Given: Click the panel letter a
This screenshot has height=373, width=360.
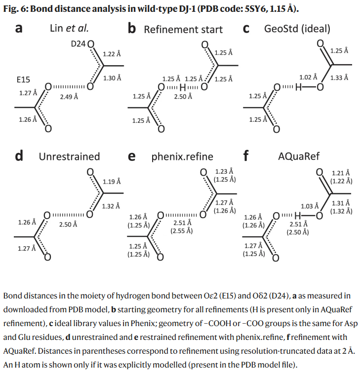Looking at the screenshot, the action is pos(19,29).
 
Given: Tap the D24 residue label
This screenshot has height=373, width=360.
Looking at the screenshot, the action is pos(79,44).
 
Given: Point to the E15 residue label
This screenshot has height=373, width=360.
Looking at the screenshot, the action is pos(23,79).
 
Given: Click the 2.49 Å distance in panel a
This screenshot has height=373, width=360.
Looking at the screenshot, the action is pos(69,97).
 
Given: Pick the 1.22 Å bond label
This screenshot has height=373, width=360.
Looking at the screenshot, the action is pos(112,53).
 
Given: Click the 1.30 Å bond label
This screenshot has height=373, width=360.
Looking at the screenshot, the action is pos(112,78).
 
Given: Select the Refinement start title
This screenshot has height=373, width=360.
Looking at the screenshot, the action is pos(183,30).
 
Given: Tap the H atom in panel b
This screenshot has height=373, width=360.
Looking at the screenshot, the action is pos(182,88).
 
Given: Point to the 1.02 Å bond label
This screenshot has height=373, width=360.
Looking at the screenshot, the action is pos(308,77).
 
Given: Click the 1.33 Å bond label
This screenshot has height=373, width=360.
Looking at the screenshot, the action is pos(339,77).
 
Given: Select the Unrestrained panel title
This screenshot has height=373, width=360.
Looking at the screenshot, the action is pos(69,157).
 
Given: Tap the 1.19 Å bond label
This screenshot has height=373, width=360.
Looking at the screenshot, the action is pos(112,182).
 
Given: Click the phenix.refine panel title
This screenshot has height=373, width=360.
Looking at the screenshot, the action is pos(182,157).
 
